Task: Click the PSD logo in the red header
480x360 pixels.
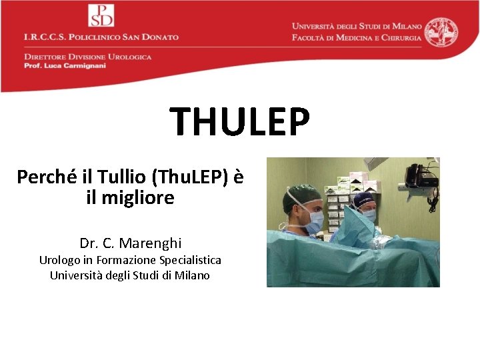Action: (x=101, y=15)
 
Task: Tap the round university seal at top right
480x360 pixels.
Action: (x=442, y=32)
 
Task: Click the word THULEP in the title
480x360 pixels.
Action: (x=240, y=121)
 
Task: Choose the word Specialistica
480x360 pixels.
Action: (x=190, y=260)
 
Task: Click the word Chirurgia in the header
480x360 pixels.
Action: (x=397, y=37)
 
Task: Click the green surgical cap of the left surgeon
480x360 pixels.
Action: (x=298, y=195)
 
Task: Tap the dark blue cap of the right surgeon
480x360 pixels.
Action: (x=364, y=199)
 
